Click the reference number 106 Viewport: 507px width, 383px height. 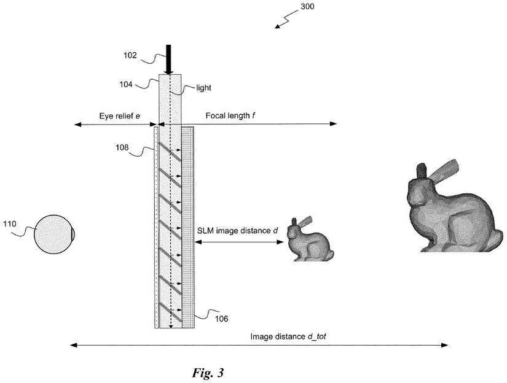[221, 319]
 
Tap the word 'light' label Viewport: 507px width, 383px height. [204, 88]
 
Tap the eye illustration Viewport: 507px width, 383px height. [54, 234]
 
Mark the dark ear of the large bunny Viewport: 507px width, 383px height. [422, 171]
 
